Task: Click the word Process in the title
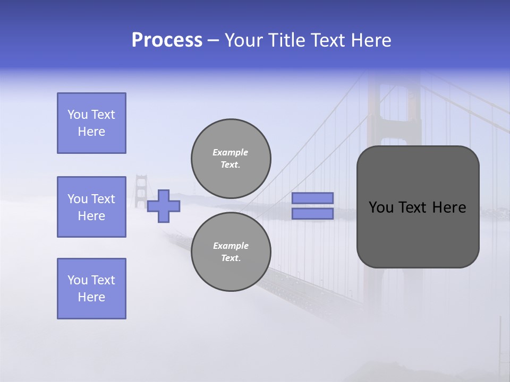coord(167,40)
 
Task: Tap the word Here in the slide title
coord(370,40)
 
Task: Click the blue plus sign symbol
coord(164,206)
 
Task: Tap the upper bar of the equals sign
coord(312,198)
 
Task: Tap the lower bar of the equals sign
coord(312,214)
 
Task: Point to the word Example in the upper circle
coord(230,152)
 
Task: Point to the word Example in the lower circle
coord(231,246)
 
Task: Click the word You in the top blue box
coord(78,115)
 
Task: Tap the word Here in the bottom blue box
coord(91,297)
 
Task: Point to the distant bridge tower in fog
coord(140,191)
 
